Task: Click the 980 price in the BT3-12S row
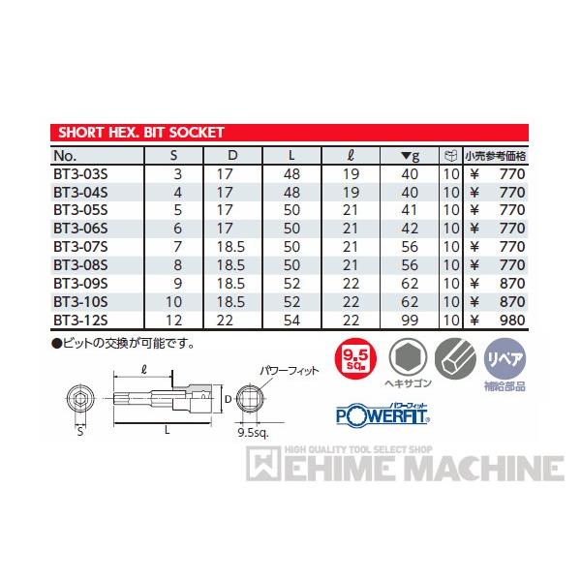pos(510,318)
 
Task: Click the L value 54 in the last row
pos(293,318)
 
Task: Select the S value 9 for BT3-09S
pos(177,284)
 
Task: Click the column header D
pos(232,155)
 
